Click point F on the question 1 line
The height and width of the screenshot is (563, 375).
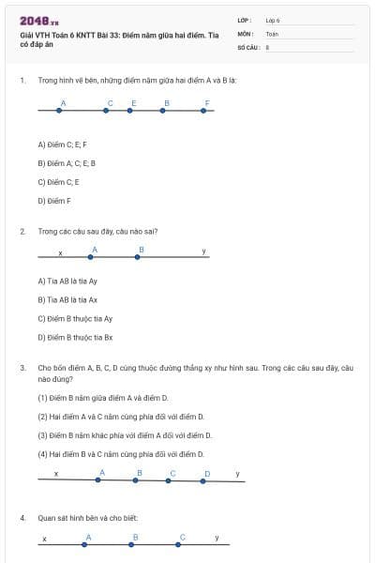point(205,111)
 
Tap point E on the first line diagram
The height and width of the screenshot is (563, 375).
point(132,111)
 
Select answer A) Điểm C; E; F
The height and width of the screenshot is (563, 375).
point(62,145)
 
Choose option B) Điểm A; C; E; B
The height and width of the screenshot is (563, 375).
point(67,163)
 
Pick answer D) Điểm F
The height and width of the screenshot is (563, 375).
point(54,200)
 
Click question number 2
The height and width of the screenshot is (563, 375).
point(22,230)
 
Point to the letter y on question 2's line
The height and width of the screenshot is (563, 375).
point(203,251)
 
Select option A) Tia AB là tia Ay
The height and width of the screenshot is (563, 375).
point(67,281)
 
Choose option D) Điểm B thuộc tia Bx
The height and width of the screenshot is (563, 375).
point(75,337)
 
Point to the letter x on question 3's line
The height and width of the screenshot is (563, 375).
point(56,474)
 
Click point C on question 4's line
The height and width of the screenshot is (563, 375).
point(180,543)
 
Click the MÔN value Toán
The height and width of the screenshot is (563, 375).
point(272,33)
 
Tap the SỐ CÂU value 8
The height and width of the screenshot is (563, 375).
point(267,46)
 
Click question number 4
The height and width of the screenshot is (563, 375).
point(22,517)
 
